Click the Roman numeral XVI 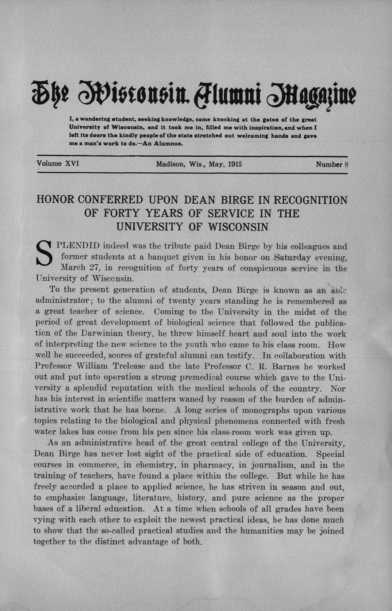[x=72, y=164]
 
